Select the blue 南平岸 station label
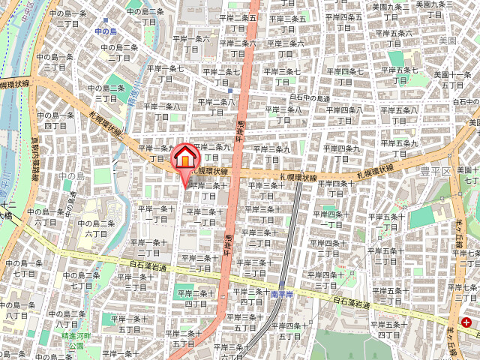pyautogui.click(x=280, y=295)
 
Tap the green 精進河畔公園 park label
pyautogui.click(x=75, y=341)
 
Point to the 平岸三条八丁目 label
pyautogui.click(x=286, y=114)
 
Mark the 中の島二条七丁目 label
pyautogui.click(x=82, y=280)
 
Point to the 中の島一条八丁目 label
pyautogui.click(x=16, y=310)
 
